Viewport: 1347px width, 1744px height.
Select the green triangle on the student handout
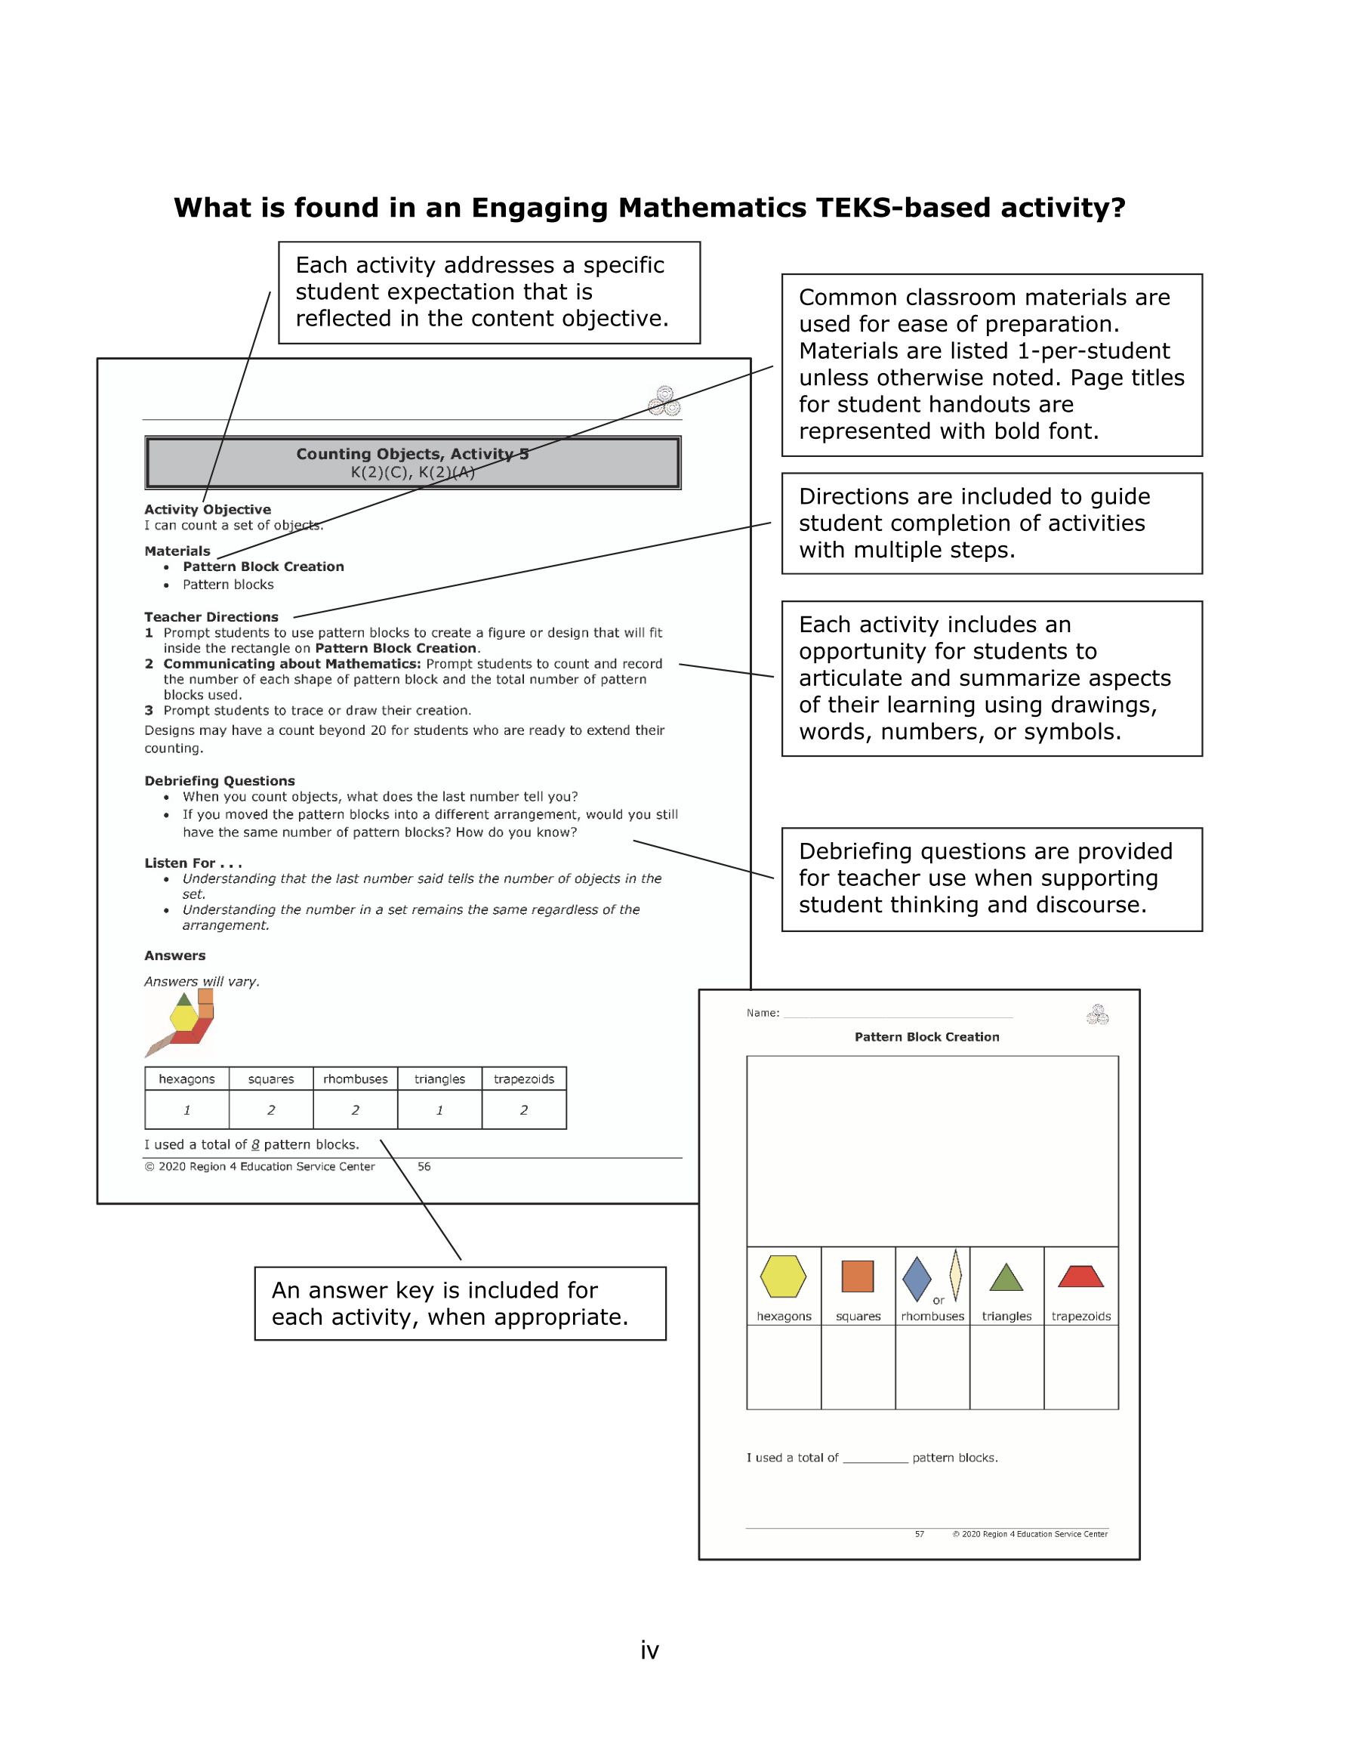[1006, 1279]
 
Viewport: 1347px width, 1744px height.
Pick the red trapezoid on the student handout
[1080, 1277]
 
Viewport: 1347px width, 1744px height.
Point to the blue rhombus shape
[917, 1279]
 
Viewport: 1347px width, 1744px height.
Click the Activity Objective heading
[208, 510]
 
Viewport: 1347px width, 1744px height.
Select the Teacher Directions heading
[211, 617]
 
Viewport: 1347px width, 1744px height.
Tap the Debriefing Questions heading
[220, 781]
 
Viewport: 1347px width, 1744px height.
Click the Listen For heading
[193, 863]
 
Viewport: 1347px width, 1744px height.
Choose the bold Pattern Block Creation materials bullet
[263, 567]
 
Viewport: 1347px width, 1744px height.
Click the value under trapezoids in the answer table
[524, 1110]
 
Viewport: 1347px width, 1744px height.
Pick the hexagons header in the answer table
[186, 1079]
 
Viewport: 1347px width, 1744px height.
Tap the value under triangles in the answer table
[439, 1110]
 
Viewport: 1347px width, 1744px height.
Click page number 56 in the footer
[424, 1167]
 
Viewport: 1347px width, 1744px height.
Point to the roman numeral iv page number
[649, 1650]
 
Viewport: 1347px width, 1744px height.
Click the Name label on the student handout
[763, 1013]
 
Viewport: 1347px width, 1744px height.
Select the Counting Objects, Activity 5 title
[412, 455]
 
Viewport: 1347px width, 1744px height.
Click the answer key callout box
[460, 1303]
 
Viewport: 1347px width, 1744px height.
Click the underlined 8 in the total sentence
[255, 1145]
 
